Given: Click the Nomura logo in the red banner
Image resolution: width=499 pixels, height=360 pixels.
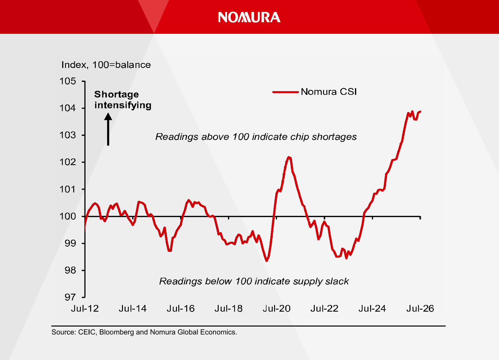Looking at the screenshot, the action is pyautogui.click(x=249, y=17).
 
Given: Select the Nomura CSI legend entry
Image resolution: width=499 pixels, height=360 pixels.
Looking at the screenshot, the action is pyautogui.click(x=314, y=91).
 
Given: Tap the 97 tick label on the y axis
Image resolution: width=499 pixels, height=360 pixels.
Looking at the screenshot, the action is pyautogui.click(x=70, y=297).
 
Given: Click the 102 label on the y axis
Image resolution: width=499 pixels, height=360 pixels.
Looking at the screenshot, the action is pyautogui.click(x=68, y=162).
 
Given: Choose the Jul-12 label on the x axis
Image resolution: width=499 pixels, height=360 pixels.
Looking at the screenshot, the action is pyautogui.click(x=85, y=309).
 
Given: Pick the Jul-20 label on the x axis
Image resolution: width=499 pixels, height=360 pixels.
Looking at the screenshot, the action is pyautogui.click(x=276, y=309).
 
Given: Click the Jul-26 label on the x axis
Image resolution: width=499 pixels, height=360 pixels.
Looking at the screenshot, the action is pyautogui.click(x=420, y=309).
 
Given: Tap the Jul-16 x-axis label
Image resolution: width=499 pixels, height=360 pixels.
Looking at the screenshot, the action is pyautogui.click(x=181, y=309).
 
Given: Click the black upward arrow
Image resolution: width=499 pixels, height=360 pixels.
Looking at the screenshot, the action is pyautogui.click(x=108, y=129).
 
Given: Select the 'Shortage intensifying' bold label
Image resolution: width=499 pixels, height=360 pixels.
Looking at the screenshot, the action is pyautogui.click(x=123, y=100).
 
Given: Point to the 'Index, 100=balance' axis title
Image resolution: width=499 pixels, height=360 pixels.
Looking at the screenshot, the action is pyautogui.click(x=106, y=65).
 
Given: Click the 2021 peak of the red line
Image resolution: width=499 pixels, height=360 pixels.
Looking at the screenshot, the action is pyautogui.click(x=289, y=157).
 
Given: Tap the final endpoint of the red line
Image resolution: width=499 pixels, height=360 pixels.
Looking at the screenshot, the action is pyautogui.click(x=420, y=111).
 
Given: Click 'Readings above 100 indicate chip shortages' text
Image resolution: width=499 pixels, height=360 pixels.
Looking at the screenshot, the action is pyautogui.click(x=256, y=137).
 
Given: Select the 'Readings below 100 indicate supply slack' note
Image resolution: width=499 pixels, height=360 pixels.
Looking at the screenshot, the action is pyautogui.click(x=254, y=281).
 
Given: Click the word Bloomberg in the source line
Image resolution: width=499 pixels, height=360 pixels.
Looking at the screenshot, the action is pyautogui.click(x=117, y=332).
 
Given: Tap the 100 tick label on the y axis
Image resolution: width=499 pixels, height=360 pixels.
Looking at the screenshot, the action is pyautogui.click(x=68, y=216).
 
